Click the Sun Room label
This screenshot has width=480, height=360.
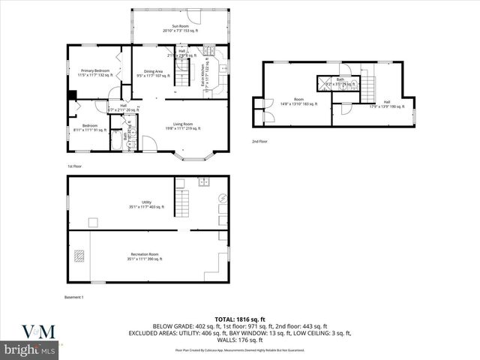click(179, 28)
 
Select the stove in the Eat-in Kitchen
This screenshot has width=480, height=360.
click(212, 53)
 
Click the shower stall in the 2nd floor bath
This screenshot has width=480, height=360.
click(325, 82)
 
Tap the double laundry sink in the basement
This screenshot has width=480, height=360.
click(204, 181)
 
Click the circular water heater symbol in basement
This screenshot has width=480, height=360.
click(222, 198)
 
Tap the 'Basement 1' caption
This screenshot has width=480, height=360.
click(73, 298)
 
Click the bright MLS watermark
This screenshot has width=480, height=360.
click(31, 349)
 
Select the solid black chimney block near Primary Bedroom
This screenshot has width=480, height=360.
click(72, 95)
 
